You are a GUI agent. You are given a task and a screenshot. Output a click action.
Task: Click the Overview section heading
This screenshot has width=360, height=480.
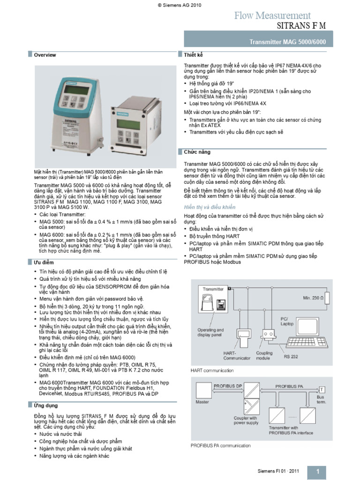(45, 55)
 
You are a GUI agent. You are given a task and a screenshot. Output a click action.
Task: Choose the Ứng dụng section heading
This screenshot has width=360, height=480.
(45, 405)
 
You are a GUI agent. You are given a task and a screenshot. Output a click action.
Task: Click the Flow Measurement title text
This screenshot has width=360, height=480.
(272, 15)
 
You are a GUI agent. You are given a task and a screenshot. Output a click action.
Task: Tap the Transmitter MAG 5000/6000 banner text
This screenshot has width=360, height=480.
(288, 42)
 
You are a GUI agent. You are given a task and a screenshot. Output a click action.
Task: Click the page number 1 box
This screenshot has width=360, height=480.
(318, 471)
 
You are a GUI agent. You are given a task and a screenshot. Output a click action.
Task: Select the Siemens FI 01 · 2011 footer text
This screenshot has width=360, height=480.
(277, 471)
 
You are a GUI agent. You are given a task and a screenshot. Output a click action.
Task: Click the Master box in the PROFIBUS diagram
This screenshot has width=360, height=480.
(203, 392)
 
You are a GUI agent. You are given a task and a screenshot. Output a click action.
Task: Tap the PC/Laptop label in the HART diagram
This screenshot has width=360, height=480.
(287, 321)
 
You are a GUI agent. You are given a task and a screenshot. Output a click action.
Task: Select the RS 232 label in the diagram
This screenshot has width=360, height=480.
(291, 357)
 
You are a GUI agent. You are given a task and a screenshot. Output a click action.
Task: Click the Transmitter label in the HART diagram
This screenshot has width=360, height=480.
(213, 289)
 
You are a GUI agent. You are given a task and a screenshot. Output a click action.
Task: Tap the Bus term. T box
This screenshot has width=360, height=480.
(322, 390)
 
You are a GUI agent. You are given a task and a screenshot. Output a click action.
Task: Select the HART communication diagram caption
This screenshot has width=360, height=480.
(212, 370)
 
